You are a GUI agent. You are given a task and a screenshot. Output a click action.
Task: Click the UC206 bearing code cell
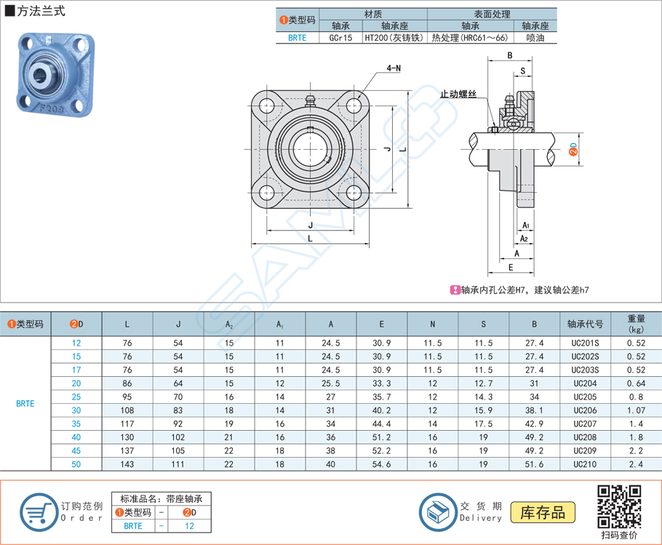pyautogui.click(x=584, y=410)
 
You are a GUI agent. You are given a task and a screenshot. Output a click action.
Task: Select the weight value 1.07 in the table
pyautogui.click(x=635, y=410)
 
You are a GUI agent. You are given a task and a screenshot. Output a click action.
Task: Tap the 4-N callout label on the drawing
pyautogui.click(x=394, y=68)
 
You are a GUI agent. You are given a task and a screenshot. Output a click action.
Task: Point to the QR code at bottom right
pyautogui.click(x=618, y=506)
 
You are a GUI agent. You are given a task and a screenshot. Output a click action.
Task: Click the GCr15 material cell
pyautogui.click(x=340, y=38)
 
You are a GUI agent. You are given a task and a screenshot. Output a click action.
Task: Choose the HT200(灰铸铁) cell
pyautogui.click(x=394, y=38)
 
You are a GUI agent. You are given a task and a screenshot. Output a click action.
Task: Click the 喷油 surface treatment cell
pyautogui.click(x=535, y=38)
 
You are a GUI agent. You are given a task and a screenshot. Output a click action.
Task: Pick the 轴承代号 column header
pyautogui.click(x=584, y=324)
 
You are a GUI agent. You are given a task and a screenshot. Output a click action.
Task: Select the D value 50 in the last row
pyautogui.click(x=76, y=464)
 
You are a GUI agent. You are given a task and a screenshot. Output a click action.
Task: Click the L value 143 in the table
pyautogui.click(x=127, y=464)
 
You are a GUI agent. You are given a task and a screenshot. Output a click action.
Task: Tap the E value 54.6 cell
pyautogui.click(x=381, y=464)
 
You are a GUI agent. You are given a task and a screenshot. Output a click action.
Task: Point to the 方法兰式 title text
pyautogui.click(x=39, y=12)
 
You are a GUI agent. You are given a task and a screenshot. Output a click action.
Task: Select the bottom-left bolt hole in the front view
pyautogui.click(x=267, y=192)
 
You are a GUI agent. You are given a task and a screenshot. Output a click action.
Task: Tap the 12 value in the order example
pyautogui.click(x=189, y=525)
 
